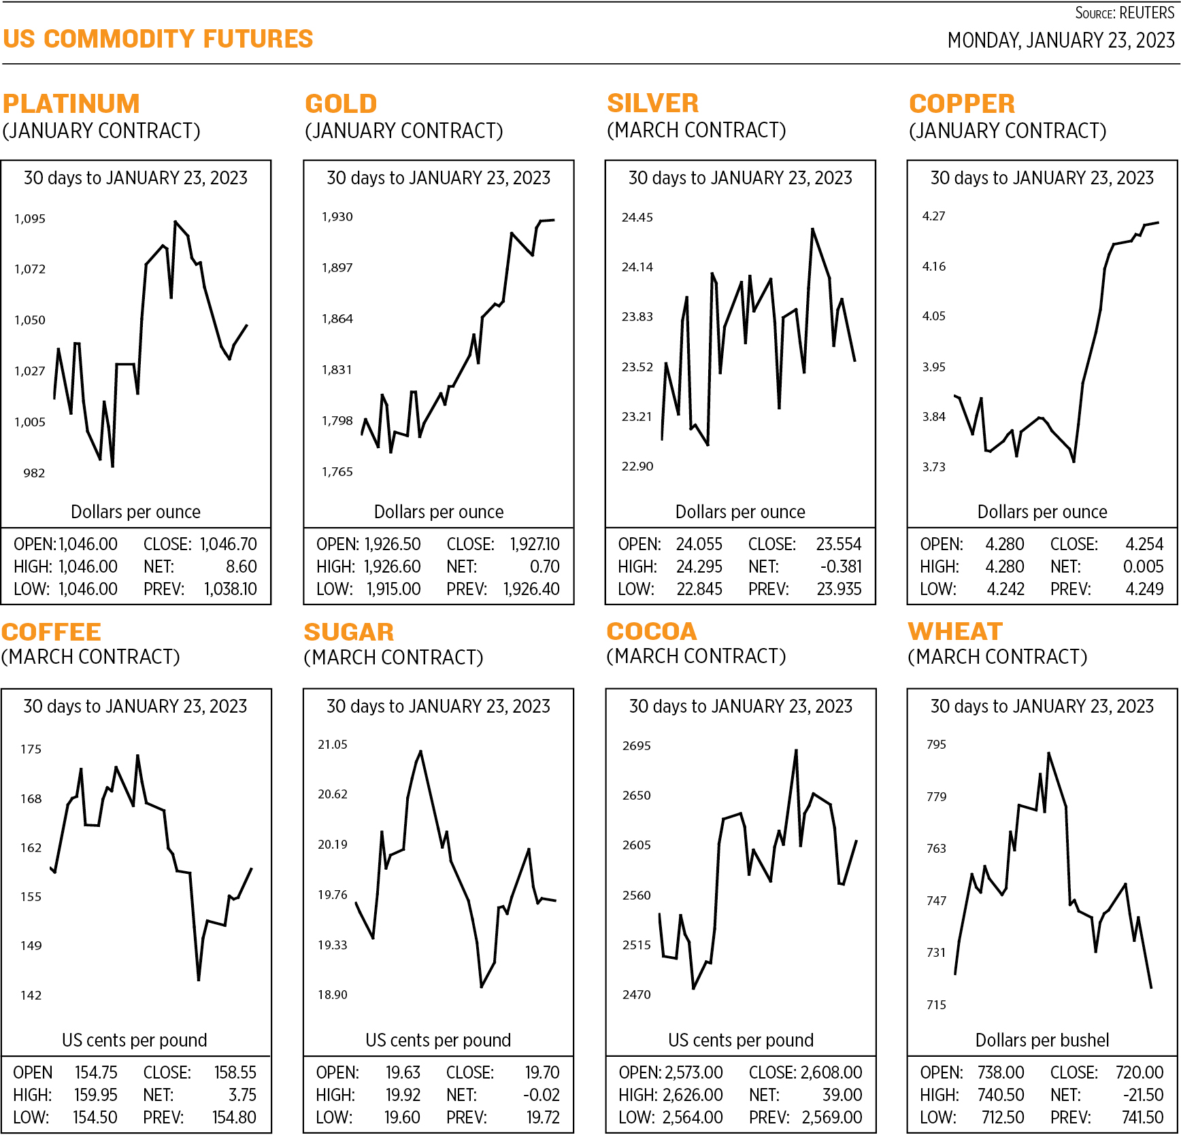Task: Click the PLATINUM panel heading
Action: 71,104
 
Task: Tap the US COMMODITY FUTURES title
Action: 158,39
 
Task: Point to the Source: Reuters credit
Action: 1125,13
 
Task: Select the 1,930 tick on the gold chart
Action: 337,217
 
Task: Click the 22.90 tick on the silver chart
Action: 637,467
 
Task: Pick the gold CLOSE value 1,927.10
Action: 535,545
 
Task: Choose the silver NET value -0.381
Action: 842,567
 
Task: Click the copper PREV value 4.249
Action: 1144,590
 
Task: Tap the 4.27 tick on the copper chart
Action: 933,216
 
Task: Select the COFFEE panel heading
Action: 52,632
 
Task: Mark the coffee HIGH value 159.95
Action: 96,1096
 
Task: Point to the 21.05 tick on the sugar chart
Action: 333,745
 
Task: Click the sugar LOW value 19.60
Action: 402,1118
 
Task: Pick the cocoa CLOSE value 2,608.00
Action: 831,1073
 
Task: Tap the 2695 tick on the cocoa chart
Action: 637,746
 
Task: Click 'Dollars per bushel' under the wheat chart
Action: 1042,1040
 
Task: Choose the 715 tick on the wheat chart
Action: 937,1005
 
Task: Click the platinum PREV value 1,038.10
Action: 231,590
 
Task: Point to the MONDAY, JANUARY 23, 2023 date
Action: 1061,41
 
